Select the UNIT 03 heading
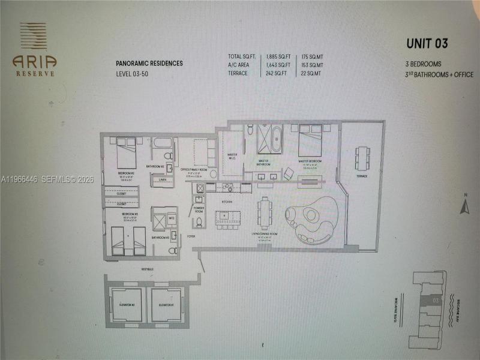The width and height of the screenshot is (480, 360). (427, 43)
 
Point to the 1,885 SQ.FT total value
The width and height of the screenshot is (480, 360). (278, 56)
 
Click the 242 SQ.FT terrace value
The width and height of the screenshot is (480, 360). (278, 73)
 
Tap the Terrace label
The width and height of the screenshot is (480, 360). (361, 176)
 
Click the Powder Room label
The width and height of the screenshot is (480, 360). (199, 209)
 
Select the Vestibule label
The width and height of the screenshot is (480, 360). (147, 269)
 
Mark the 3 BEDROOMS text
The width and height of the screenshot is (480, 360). (424, 62)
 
